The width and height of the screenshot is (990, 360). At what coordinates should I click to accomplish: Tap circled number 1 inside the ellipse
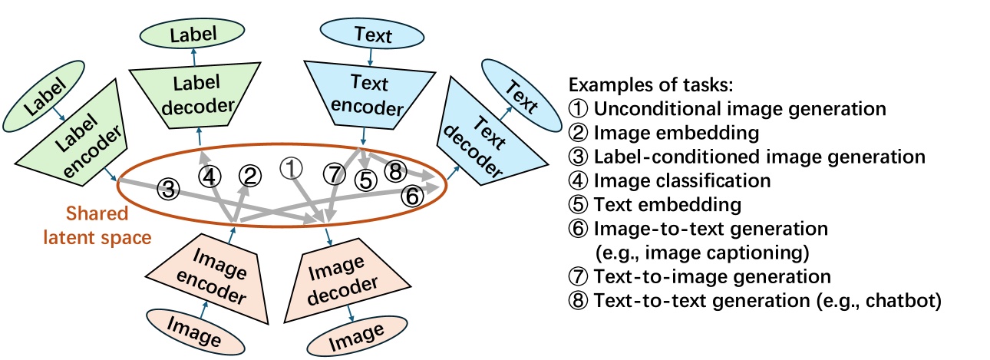coord(291,168)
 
